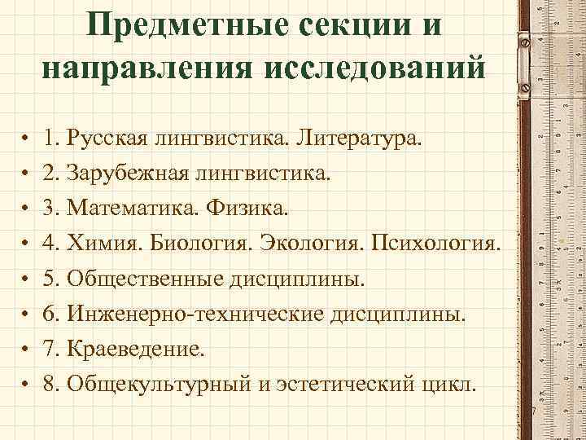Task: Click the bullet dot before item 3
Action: click(27, 210)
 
